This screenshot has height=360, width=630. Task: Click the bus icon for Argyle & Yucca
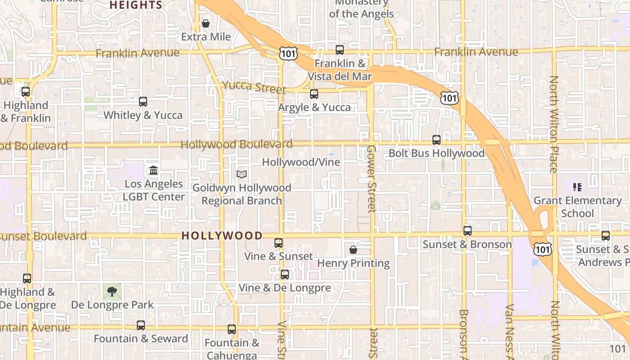pyautogui.click(x=314, y=94)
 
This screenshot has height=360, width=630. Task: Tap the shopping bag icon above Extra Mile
pyautogui.click(x=206, y=23)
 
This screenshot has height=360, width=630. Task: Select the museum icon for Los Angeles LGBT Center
pyautogui.click(x=153, y=171)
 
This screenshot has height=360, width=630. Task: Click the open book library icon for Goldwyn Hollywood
pyautogui.click(x=242, y=174)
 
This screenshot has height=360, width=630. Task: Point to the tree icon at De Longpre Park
pyautogui.click(x=112, y=291)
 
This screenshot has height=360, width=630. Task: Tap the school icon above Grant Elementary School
pyautogui.click(x=577, y=187)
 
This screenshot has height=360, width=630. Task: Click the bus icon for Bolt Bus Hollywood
pyautogui.click(x=436, y=140)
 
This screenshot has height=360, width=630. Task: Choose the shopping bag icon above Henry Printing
pyautogui.click(x=353, y=249)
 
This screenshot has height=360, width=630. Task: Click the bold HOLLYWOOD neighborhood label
pyautogui.click(x=222, y=235)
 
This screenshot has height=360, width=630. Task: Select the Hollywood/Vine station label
pyautogui.click(x=301, y=162)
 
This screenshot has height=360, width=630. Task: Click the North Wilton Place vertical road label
pyautogui.click(x=554, y=124)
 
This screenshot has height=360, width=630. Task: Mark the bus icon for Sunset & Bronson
pyautogui.click(x=468, y=231)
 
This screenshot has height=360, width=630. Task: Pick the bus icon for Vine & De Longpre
pyautogui.click(x=285, y=274)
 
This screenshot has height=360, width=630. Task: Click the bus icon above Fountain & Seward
pyautogui.click(x=141, y=325)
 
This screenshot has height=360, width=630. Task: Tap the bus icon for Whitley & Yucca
pyautogui.click(x=143, y=102)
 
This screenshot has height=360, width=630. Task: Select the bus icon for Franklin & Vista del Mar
pyautogui.click(x=340, y=50)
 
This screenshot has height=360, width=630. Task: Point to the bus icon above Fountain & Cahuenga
pyautogui.click(x=232, y=329)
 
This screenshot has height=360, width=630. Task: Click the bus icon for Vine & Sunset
pyautogui.click(x=279, y=243)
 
